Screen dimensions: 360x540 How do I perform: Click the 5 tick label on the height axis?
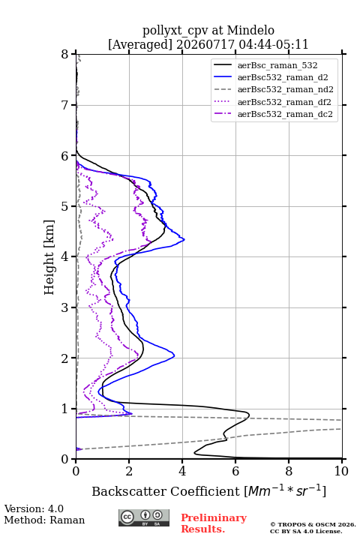65,206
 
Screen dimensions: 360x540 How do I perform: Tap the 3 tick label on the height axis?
65,307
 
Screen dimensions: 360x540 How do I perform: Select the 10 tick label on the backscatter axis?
341,471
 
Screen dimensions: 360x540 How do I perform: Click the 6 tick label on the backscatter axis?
235,471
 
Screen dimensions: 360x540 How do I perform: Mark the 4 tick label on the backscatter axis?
182,471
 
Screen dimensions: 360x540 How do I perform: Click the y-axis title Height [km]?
49,257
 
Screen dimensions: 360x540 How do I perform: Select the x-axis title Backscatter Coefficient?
166,491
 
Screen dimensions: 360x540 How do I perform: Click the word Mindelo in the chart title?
250,30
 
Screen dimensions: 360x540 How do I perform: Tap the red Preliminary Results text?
214,523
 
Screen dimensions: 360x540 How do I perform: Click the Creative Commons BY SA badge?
144,518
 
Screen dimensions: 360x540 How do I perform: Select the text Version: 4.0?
34,508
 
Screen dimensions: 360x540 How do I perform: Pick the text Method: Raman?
44,520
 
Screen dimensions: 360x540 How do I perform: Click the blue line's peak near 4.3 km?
184,239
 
